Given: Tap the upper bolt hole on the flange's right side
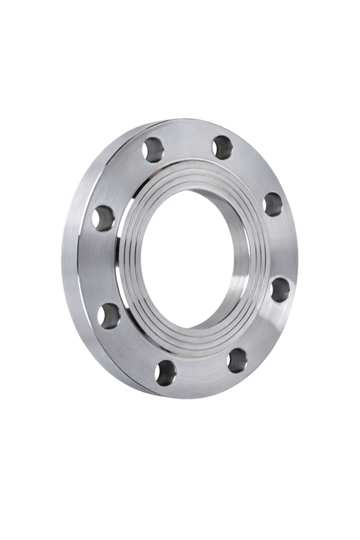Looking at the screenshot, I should [273, 204].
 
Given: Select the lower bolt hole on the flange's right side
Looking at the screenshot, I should [279, 289].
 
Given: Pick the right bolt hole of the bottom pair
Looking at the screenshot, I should [237, 360].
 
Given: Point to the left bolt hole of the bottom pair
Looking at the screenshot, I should [165, 372].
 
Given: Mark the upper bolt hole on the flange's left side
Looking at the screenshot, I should [104, 218].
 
